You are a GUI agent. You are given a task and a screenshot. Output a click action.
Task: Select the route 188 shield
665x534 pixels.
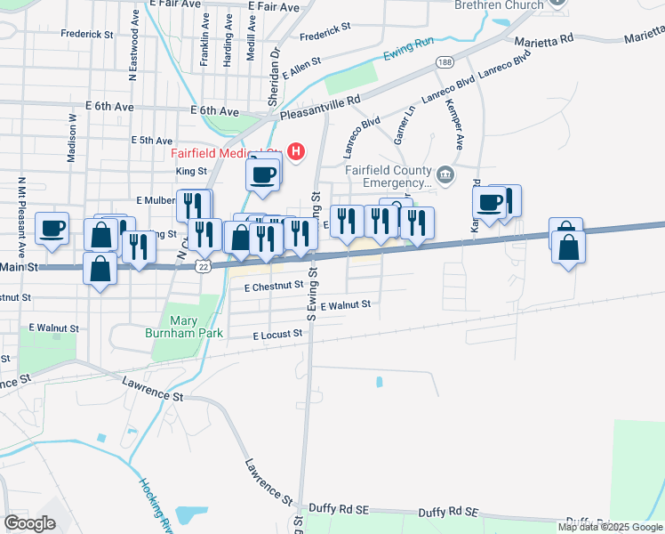coord(444,61)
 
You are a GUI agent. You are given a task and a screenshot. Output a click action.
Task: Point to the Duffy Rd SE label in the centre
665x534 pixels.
coord(449,513)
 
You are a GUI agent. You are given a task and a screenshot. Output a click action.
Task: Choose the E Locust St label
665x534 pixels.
coord(277,336)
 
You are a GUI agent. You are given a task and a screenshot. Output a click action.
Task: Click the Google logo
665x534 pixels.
coord(29,522)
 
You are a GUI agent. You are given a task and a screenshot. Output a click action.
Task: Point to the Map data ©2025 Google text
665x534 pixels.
coord(610,527)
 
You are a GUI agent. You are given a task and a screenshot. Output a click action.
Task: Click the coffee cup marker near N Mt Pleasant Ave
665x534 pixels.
coord(52,229)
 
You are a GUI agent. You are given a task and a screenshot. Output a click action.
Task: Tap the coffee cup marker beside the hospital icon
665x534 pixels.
coord(263,174)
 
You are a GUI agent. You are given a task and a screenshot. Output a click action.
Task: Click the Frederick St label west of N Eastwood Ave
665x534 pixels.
coord(87,35)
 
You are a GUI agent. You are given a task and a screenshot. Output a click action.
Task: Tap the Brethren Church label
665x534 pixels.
coord(498,5)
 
